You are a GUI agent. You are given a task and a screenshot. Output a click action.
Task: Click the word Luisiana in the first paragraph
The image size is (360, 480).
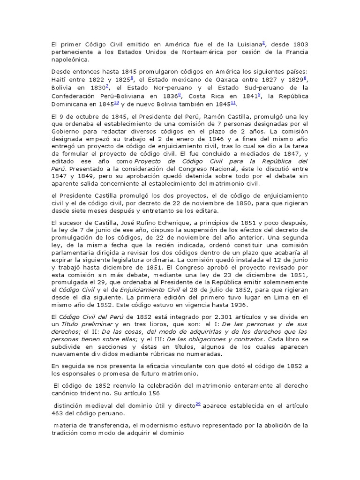247,44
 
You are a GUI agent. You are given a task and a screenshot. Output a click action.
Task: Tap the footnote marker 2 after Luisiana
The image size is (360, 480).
263,43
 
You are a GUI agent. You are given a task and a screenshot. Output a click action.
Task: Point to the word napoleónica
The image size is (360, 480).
69,60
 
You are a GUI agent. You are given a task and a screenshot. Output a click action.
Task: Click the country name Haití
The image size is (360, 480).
60,79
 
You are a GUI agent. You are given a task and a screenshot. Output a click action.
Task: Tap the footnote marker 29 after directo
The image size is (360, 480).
199,404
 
